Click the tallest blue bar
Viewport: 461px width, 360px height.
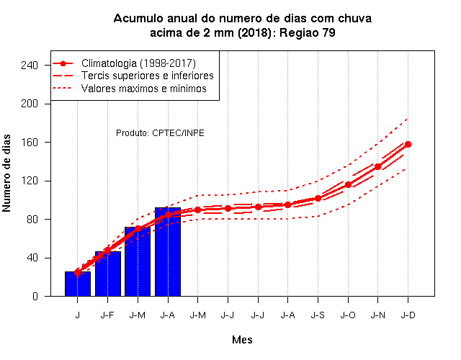[x=168, y=252]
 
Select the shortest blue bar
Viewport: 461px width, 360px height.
[x=78, y=284]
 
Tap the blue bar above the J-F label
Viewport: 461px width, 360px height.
[x=108, y=274]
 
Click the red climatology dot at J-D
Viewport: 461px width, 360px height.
[x=408, y=144]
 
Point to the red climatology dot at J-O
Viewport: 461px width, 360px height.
[x=348, y=185]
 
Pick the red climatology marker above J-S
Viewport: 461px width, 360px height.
[x=318, y=199]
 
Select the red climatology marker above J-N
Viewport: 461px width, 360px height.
[x=377, y=166]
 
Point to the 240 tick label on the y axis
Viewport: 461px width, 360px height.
[x=30, y=66]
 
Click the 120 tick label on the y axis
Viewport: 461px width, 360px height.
[x=30, y=181]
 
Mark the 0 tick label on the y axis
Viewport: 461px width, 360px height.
[x=35, y=296]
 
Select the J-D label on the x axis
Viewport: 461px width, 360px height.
[x=408, y=315]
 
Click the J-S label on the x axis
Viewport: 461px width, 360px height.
[x=318, y=315]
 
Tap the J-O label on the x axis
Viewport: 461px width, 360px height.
[x=348, y=315]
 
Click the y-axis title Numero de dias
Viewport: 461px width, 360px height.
[x=6, y=173]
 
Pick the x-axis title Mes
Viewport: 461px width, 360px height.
[x=242, y=340]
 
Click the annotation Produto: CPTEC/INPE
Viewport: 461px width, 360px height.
[x=160, y=132]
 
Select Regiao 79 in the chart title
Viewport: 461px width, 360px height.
[x=308, y=32]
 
